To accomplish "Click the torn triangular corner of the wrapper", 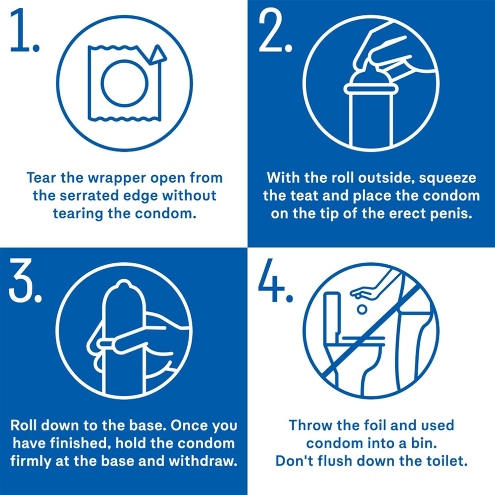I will (159, 54).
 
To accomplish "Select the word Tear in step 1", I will (41, 177).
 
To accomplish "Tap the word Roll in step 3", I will (25, 426).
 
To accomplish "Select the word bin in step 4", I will (418, 443).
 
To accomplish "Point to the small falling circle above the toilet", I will (362, 309).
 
